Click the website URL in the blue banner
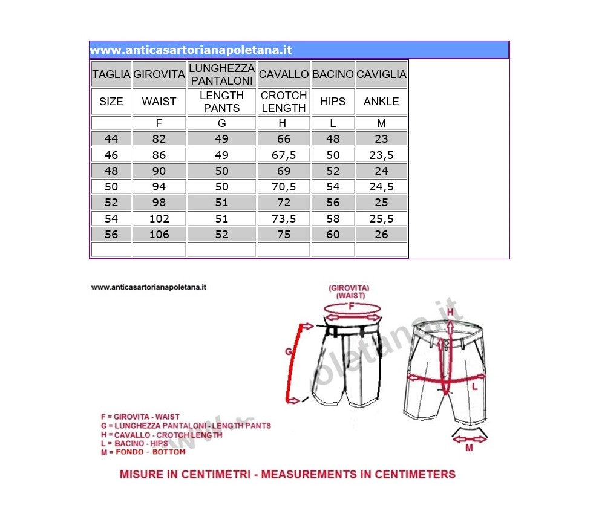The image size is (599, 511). coord(191,50)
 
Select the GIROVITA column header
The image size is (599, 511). coord(159,74)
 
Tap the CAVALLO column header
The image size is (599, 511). coord(284,74)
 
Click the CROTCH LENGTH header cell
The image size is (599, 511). coord(284,102)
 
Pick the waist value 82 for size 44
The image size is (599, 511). coord(159,139)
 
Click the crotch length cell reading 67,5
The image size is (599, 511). coord(284,155)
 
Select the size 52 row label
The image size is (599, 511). coord(111,203)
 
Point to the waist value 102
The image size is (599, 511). coord(159,218)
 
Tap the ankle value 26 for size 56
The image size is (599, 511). coord(381,235)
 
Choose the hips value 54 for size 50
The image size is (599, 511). coord(333,187)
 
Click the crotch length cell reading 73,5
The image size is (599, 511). coord(284,218)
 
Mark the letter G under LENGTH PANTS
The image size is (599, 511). coord(221,123)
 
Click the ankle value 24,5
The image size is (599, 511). coord(381,187)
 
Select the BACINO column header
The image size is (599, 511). coord(333,74)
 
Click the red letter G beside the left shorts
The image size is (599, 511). coord(289,351)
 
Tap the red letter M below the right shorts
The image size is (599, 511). coord(469,448)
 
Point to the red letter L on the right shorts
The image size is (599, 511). coord(475,385)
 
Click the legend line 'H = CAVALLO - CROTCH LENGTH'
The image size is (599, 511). coord(162,435)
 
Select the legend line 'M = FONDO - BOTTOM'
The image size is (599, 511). coord(143,452)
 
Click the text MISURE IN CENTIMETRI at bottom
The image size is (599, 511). coord(185,474)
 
